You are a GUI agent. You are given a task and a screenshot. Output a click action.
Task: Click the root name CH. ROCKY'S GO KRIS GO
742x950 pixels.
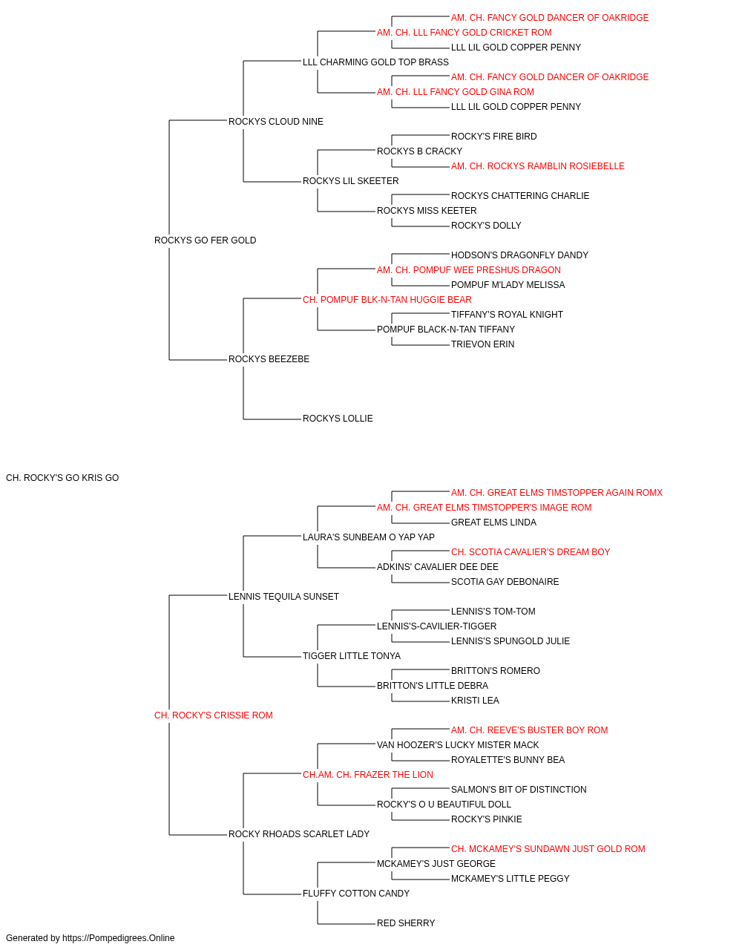[x=62, y=478]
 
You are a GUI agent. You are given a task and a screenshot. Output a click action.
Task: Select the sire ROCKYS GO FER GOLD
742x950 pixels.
[x=205, y=240]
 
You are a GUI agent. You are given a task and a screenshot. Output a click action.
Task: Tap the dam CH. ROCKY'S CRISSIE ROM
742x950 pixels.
[x=213, y=715]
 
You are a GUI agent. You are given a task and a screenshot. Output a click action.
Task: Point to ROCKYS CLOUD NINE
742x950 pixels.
[x=276, y=122]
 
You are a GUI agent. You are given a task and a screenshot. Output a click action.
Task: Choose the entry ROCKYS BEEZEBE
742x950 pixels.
[x=269, y=359]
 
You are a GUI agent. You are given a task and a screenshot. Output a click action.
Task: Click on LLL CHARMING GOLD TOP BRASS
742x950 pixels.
[x=375, y=62]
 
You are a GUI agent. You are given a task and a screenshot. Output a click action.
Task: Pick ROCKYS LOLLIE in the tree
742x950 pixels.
[x=338, y=419]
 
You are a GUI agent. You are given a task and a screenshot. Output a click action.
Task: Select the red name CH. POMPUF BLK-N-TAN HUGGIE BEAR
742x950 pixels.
[x=387, y=299]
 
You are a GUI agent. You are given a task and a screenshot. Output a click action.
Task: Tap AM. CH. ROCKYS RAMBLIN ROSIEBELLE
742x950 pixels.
[x=537, y=166]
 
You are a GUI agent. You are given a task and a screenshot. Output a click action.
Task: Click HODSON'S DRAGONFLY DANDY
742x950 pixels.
[x=519, y=255]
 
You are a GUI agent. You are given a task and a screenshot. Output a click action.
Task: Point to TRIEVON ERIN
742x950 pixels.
[x=482, y=344]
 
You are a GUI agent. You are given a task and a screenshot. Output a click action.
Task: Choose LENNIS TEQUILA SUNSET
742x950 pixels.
[x=283, y=596]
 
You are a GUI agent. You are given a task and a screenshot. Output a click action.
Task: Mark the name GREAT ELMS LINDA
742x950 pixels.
[x=493, y=522]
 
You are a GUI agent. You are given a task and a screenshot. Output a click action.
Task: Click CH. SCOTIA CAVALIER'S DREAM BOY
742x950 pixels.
[x=531, y=551]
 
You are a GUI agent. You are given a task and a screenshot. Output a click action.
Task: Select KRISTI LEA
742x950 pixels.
[x=475, y=701]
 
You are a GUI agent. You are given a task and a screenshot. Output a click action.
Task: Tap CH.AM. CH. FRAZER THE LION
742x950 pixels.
[x=368, y=775]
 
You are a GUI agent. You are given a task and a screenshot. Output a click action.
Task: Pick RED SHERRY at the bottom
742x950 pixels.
[x=406, y=923]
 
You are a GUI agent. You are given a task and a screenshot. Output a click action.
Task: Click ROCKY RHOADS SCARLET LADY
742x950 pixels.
[x=299, y=833]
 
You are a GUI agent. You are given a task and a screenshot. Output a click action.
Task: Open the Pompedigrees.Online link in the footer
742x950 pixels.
[x=119, y=938]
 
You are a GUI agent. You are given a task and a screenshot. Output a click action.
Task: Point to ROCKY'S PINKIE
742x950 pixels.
[x=486, y=819]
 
